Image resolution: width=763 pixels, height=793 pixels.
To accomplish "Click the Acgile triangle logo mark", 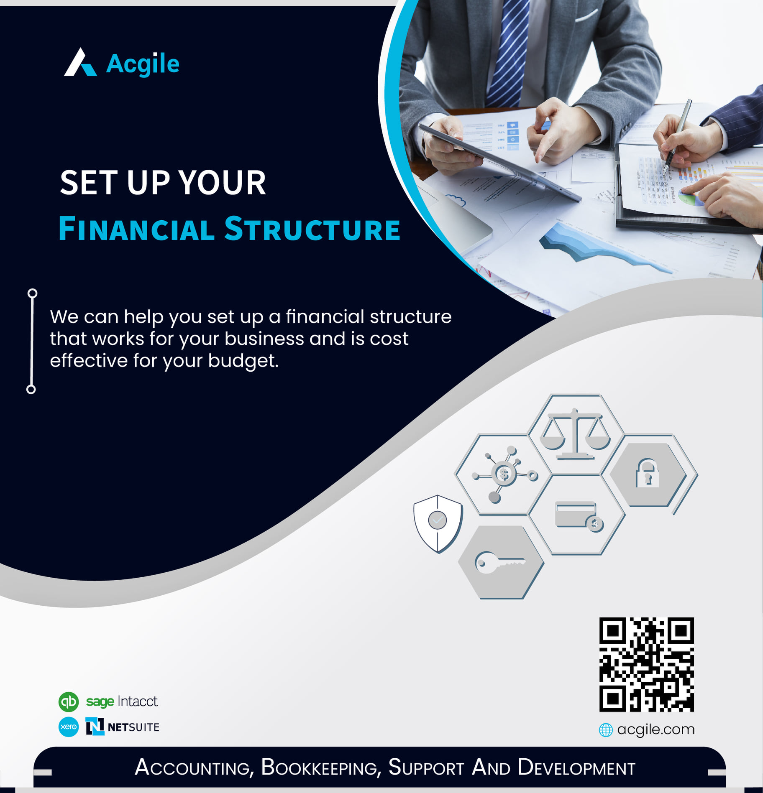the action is [80, 63].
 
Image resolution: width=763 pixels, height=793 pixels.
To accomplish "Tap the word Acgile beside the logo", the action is [143, 64].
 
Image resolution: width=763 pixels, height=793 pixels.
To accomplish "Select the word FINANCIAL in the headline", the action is [136, 229].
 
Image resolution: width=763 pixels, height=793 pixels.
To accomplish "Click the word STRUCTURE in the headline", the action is [312, 229].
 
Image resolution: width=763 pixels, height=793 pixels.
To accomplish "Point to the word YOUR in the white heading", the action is [222, 183].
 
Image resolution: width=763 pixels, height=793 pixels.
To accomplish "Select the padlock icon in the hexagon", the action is [648, 473].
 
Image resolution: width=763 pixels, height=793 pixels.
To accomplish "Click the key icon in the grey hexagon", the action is [499, 562].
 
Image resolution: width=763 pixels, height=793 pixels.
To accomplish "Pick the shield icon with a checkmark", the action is [438, 524].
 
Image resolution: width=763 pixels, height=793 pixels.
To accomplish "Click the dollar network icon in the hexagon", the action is [504, 474].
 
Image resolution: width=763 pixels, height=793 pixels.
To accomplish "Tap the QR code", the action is [646, 665].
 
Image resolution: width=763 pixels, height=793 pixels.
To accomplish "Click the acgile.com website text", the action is [656, 729].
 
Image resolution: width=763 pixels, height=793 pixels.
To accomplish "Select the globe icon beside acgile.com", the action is [606, 730].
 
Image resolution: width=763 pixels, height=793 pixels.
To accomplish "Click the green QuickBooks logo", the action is [69, 702].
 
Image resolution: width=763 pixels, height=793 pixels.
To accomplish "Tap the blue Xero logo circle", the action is [69, 727].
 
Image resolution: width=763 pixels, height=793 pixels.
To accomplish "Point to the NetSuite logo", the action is [122, 727].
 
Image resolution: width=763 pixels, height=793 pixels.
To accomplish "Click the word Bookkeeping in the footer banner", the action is [321, 768].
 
